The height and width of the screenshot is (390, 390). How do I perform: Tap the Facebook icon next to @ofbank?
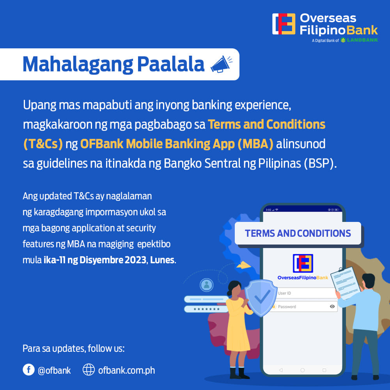pos(28,370)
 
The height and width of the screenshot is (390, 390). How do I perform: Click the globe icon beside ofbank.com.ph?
pos(89,370)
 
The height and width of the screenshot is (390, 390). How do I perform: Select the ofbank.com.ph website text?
pos(126,370)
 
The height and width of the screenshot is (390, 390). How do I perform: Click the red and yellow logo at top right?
pos(284,24)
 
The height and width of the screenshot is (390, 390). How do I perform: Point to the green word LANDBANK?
pos(362,40)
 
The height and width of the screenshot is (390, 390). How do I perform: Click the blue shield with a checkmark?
pos(261,298)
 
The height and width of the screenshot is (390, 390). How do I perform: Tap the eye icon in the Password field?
pos(332,307)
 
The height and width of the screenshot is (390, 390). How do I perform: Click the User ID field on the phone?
pos(306,293)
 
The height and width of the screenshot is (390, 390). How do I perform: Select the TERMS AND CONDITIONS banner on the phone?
pos(298,233)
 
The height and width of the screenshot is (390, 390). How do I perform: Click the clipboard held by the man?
pos(346,283)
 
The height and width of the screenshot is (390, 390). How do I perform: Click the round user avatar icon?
pos(206,285)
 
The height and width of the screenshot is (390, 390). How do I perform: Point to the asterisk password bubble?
pos(206,309)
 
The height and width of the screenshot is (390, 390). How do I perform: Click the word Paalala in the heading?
pos(171,64)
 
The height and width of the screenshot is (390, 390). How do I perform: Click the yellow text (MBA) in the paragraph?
pos(255,144)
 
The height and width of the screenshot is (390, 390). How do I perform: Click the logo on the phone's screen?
pos(303,263)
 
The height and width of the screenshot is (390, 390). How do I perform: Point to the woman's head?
pos(234,289)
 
